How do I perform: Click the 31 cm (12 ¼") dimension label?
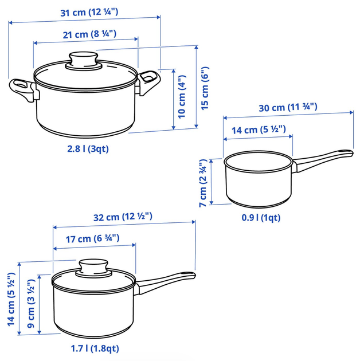pos(89,12)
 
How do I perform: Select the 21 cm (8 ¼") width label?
pos(89,34)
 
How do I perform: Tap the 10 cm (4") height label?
pos(182,97)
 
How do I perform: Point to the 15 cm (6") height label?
pos(205,88)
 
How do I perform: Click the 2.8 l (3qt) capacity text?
pos(88,149)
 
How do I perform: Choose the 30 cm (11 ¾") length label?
pos(288,107)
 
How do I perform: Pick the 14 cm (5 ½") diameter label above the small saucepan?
pos(259,130)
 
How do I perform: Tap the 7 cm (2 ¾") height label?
pos(203,183)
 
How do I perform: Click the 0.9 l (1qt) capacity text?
pos(261,218)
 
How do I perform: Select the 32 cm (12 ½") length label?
pos(123,217)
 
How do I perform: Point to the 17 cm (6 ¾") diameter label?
pos(93,239)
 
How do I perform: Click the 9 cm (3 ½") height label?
pos(31,304)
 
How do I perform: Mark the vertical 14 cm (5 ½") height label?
pos(11,299)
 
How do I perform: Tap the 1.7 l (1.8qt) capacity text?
pos(95,348)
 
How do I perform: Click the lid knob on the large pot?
pos(84,60)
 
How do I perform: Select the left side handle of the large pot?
pos(23,89)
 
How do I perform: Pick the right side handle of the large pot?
pos(148,82)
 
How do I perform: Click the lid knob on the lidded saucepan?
pos(93,268)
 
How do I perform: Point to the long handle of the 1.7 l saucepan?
pos(165,282)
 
